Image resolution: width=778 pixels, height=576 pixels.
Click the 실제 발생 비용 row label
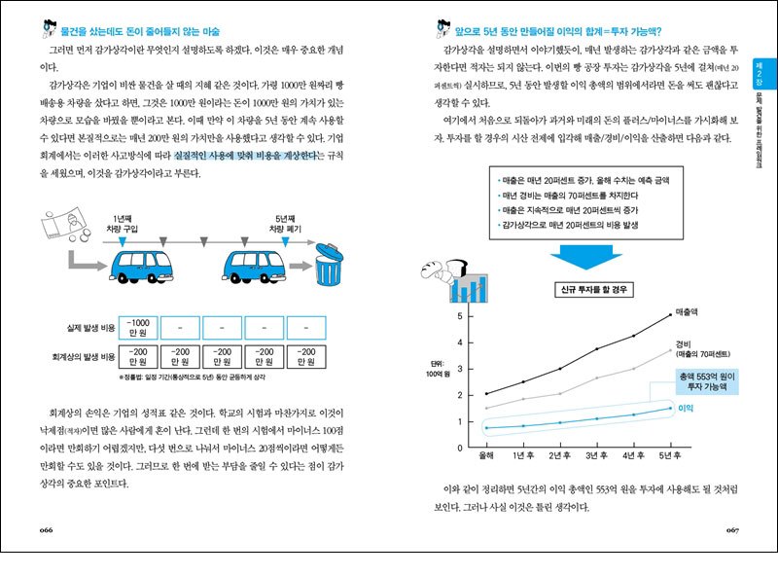pos(89,328)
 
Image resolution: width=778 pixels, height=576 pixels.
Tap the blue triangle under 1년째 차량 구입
pos(123,239)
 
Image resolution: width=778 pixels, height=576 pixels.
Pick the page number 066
pos(46,529)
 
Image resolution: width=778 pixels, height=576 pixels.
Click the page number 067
pos(732,529)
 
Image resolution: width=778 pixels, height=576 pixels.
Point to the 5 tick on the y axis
pos(459,316)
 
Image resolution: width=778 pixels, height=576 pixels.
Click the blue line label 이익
pos(684,408)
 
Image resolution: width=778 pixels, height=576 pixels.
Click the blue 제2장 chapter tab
pos(762,69)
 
